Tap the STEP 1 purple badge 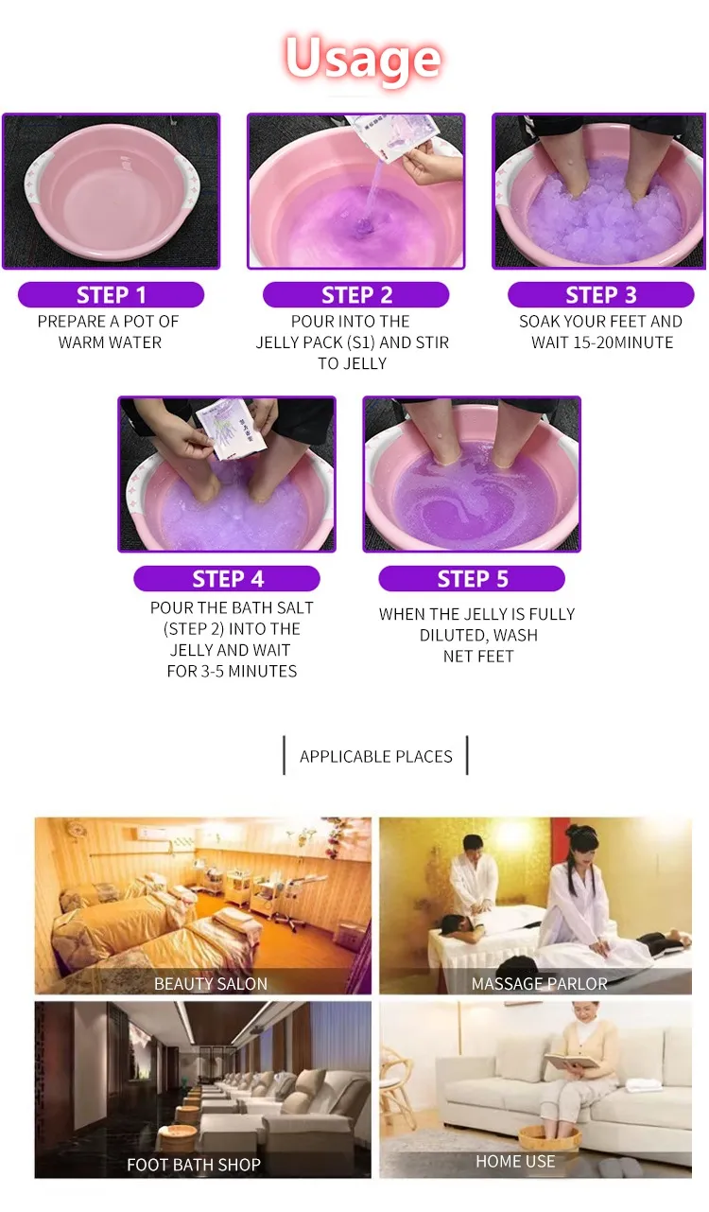click(x=111, y=295)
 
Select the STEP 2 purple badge click(x=355, y=295)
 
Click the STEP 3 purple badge click(x=601, y=295)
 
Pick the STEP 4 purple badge click(x=227, y=578)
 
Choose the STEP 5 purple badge click(x=472, y=578)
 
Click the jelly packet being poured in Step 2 click(x=394, y=136)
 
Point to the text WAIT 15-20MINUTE click(x=602, y=343)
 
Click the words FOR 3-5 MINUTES click(x=232, y=671)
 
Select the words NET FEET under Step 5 click(x=478, y=657)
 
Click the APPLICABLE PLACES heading click(x=376, y=756)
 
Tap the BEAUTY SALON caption click(x=211, y=983)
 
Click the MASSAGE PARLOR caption click(x=539, y=983)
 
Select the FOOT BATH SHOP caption click(x=194, y=1164)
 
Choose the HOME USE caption click(x=515, y=1161)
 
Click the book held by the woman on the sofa click(x=571, y=1061)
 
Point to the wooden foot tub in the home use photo click(x=549, y=1137)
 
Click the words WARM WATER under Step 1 click(x=110, y=343)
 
